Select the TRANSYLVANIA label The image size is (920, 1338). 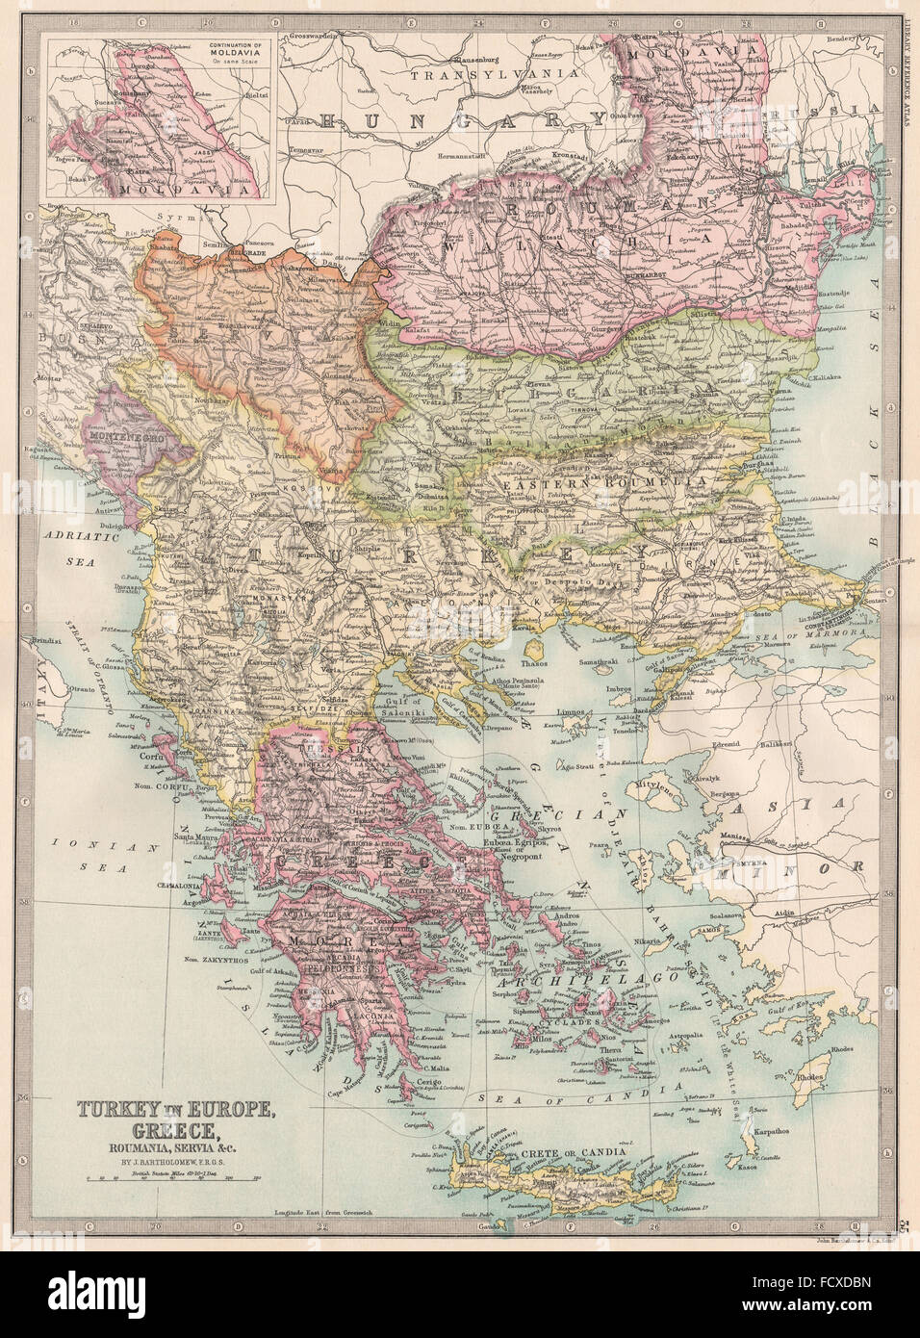point(494,73)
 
